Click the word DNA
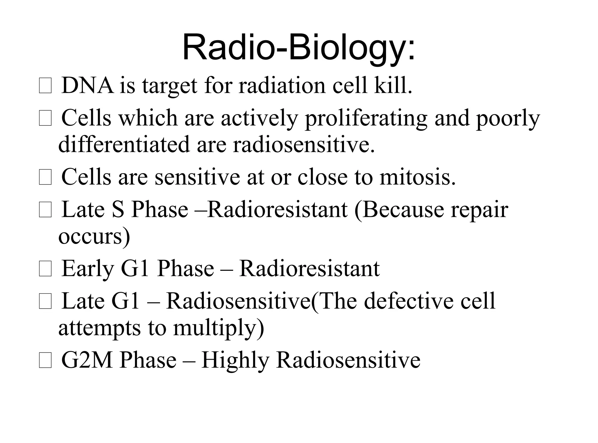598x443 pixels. (x=87, y=86)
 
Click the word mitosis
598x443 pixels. (x=417, y=178)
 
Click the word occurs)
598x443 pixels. (x=94, y=236)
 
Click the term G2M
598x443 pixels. (x=87, y=360)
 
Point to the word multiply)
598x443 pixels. (x=218, y=328)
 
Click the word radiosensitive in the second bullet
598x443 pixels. (x=303, y=145)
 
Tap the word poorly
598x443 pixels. (x=508, y=119)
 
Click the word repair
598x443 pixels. (x=479, y=210)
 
